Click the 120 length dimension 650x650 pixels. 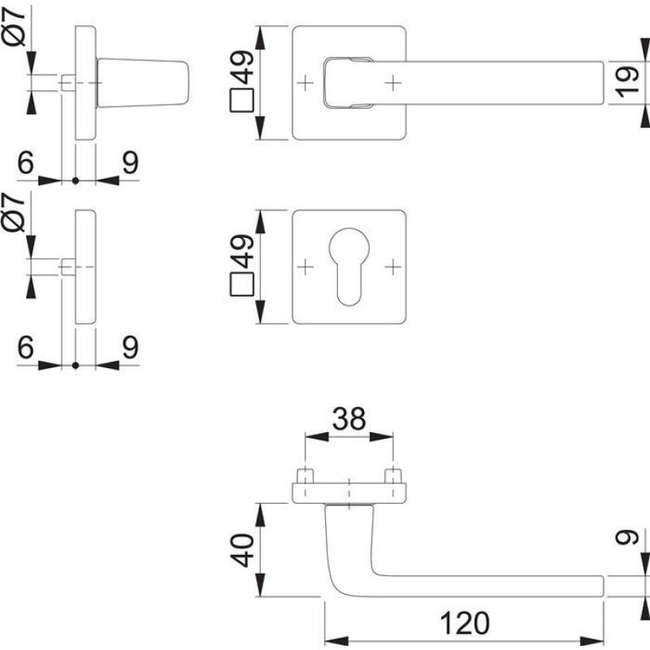pos(466,622)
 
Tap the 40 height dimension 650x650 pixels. pos(241,550)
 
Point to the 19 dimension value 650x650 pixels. pos(626,83)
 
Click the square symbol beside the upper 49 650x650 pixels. pos(241,103)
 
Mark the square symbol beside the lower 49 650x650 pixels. pos(241,285)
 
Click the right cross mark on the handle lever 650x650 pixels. pos(393,83)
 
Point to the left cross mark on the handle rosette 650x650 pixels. pos(306,83)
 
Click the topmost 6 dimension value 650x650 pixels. pos(25,163)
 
